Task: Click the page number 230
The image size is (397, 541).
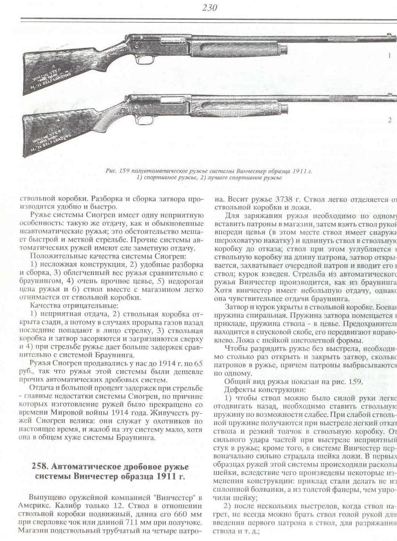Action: click(x=210, y=8)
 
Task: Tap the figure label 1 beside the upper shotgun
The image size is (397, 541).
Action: click(x=390, y=56)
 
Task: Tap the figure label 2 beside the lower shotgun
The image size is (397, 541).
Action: click(x=390, y=120)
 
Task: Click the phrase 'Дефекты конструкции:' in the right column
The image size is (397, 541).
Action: click(x=265, y=390)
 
